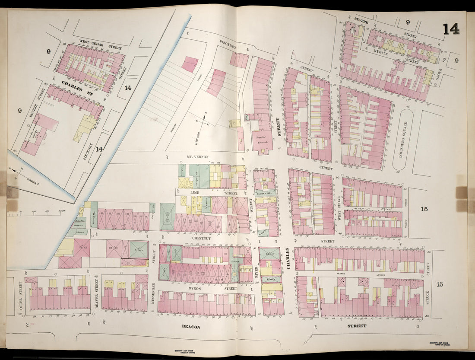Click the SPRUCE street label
click(427, 298)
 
